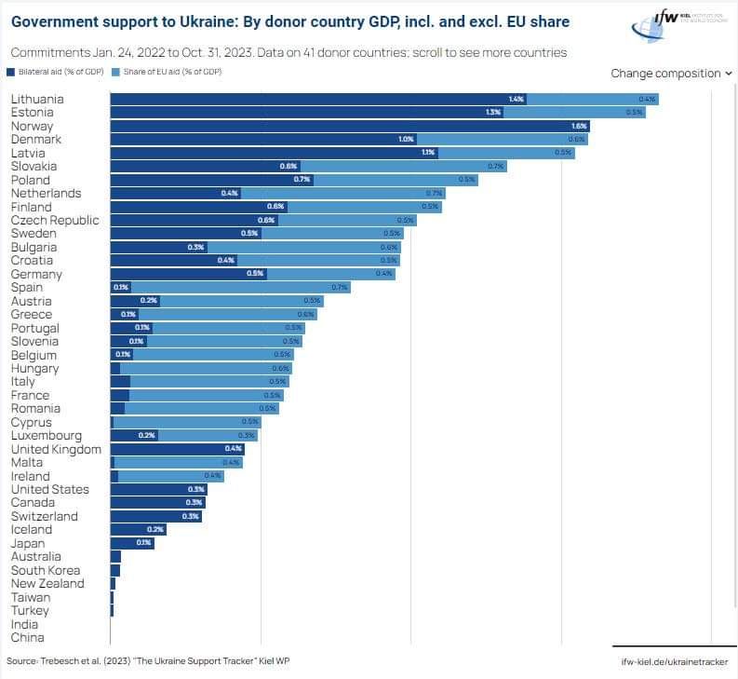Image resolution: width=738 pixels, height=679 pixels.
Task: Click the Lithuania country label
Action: point(37,99)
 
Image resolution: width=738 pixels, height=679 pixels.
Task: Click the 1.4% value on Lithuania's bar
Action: point(517,99)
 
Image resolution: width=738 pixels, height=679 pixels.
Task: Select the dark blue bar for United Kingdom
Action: point(177,449)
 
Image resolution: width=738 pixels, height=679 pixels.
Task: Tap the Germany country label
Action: point(36,275)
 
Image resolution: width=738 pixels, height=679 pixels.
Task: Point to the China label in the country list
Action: point(27,638)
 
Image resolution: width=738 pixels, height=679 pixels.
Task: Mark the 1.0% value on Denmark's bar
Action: point(406,139)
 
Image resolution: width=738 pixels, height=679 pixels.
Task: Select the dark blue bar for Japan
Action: point(131,543)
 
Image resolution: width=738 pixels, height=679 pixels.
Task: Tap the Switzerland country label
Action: point(44,516)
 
